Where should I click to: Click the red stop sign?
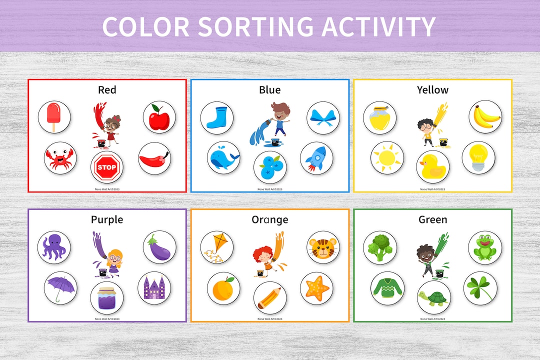coord(107,167)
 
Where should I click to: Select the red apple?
coord(159,117)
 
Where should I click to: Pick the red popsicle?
coord(54,116)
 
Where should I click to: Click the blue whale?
coord(223,158)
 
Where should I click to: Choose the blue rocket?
coord(316,158)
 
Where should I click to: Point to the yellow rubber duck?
coord(432,167)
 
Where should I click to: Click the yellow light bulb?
coord(478,156)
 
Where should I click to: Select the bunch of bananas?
coord(485,117)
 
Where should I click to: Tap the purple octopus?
coord(54,247)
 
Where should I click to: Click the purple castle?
coord(154,288)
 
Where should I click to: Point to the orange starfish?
coord(316,288)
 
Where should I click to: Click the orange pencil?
coord(269,298)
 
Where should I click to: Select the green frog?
coord(484,247)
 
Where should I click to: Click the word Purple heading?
coord(107,219)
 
